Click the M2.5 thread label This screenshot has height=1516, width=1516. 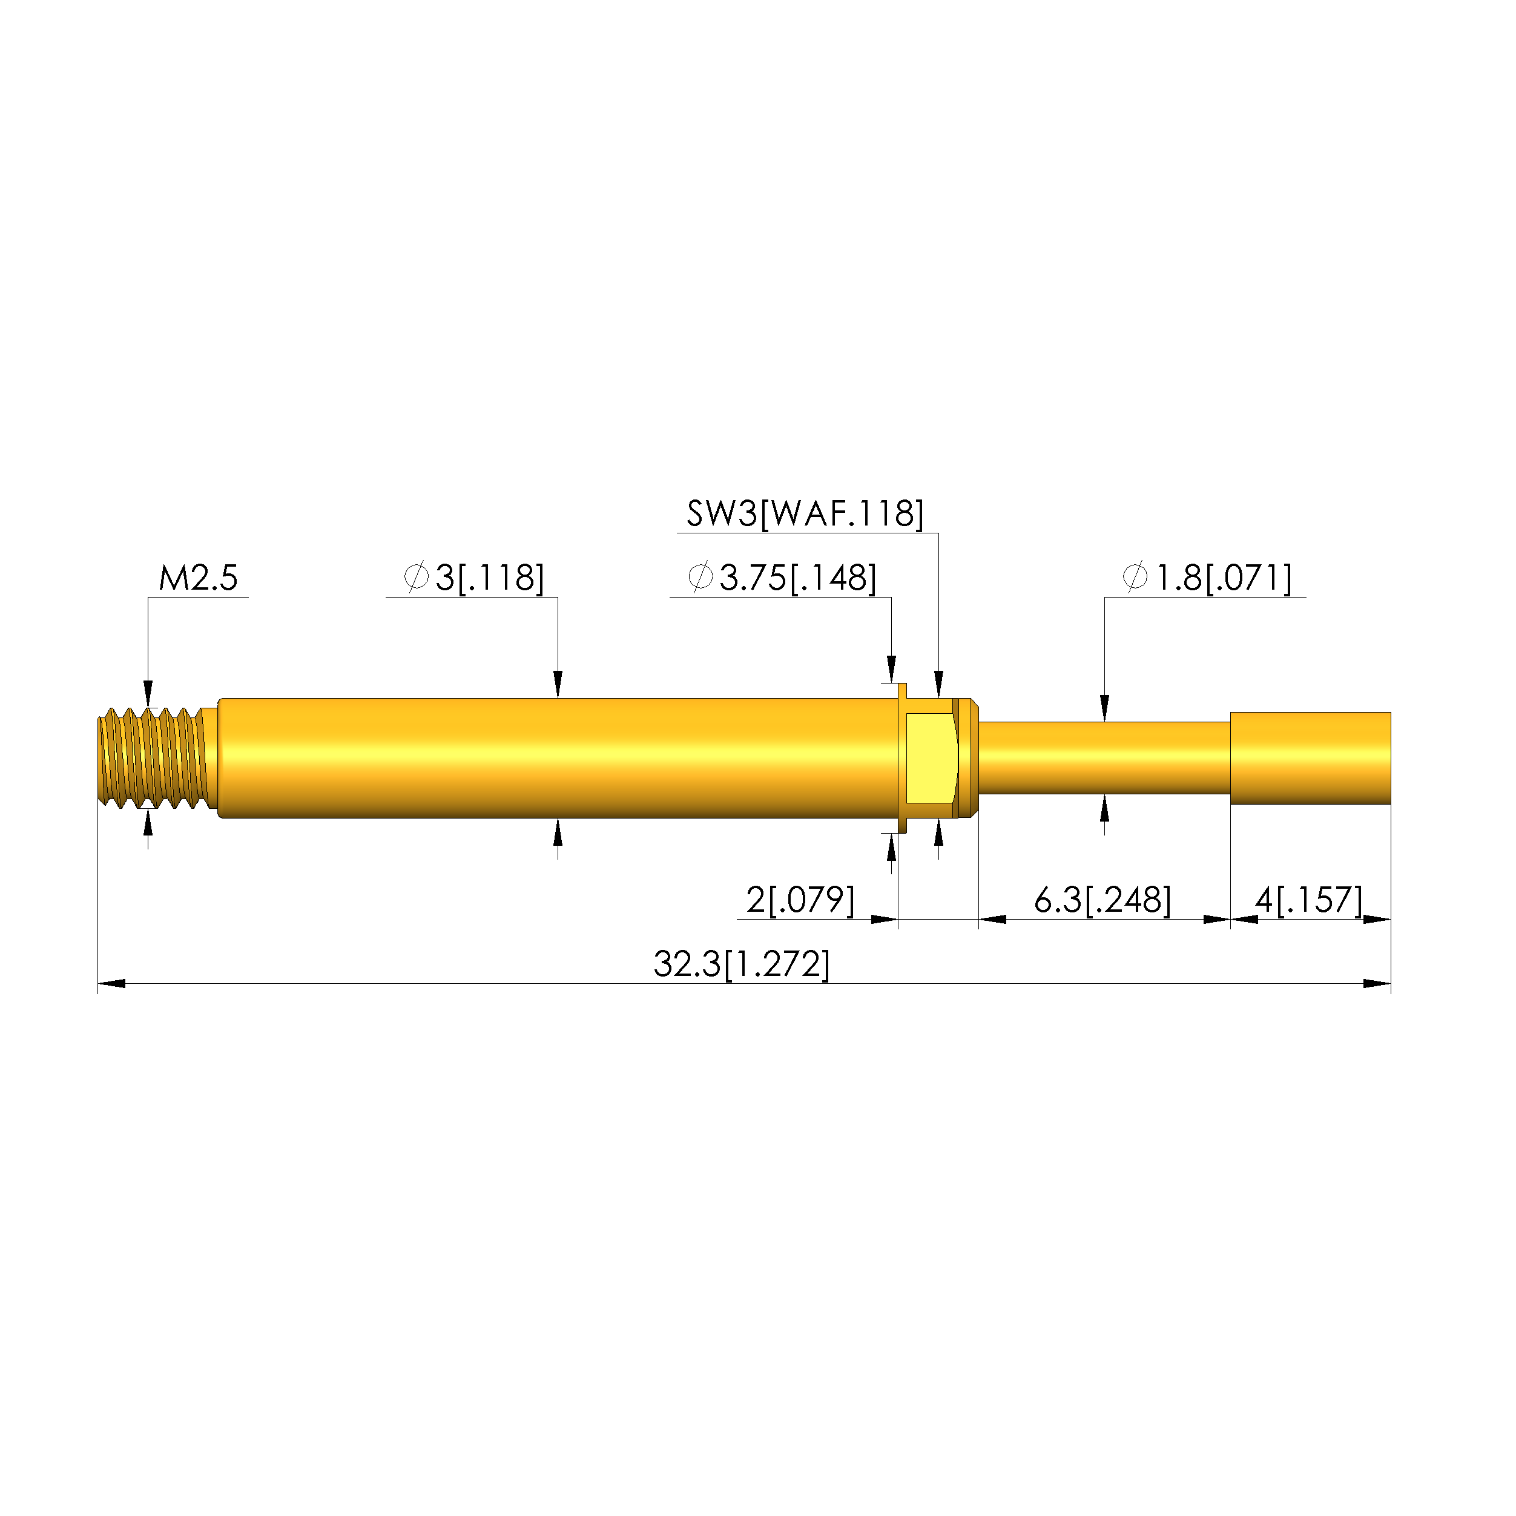[x=198, y=578]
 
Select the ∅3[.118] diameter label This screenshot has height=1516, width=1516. [x=473, y=578]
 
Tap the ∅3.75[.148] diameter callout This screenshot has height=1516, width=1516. [x=782, y=578]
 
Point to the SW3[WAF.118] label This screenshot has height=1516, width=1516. [x=805, y=513]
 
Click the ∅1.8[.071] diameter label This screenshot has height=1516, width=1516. [x=1207, y=578]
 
